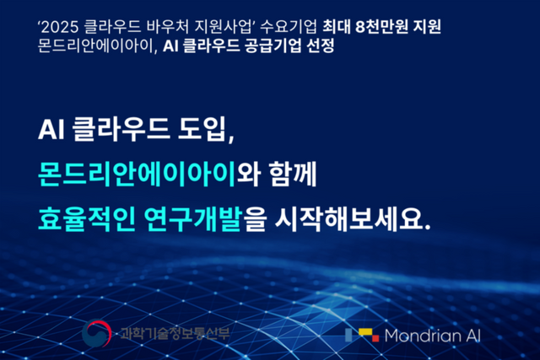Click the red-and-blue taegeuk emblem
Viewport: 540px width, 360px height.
coord(98,334)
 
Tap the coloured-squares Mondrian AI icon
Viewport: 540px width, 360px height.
coord(361,335)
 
